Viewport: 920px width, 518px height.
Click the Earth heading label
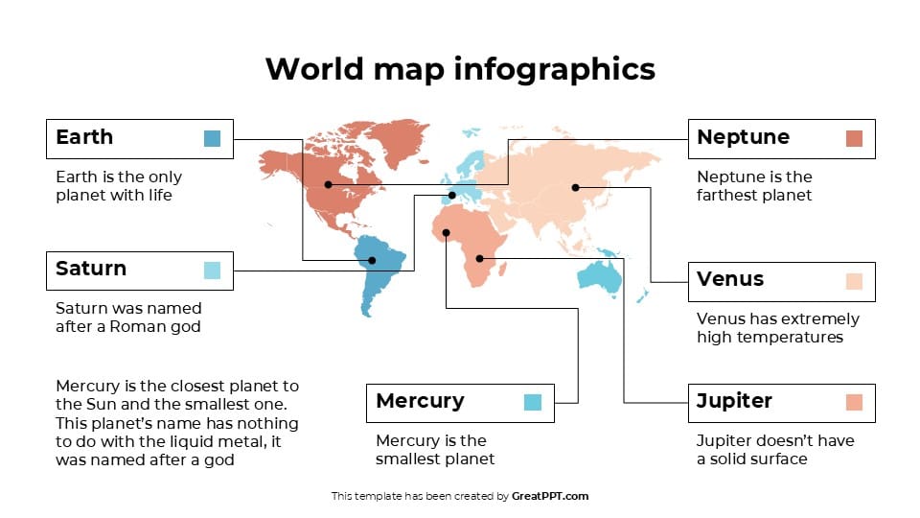pos(84,137)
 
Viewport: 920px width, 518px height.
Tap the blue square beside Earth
pos(213,138)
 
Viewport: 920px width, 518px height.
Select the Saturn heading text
pos(91,269)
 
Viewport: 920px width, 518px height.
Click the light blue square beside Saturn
pos(213,271)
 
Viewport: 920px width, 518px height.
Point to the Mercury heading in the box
pos(420,401)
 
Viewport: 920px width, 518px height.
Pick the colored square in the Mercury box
pos(533,402)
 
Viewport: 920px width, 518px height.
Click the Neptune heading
pos(743,137)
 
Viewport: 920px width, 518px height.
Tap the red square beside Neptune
pos(854,138)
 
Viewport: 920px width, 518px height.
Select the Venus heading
pos(730,279)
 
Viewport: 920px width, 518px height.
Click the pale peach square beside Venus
pos(854,281)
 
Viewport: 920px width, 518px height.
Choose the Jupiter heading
pos(734,401)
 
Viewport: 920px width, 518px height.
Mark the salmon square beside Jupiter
pos(854,402)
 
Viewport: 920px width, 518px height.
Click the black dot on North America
pos(328,184)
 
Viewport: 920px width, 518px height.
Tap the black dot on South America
pos(373,259)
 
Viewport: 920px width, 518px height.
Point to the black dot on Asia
pos(575,187)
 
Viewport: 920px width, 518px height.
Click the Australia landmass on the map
pos(599,276)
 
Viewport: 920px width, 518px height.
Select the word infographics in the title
pos(555,69)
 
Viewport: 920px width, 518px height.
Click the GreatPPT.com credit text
pos(550,496)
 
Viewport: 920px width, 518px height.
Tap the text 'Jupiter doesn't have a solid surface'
pos(774,449)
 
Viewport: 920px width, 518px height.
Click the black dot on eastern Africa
pos(479,258)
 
